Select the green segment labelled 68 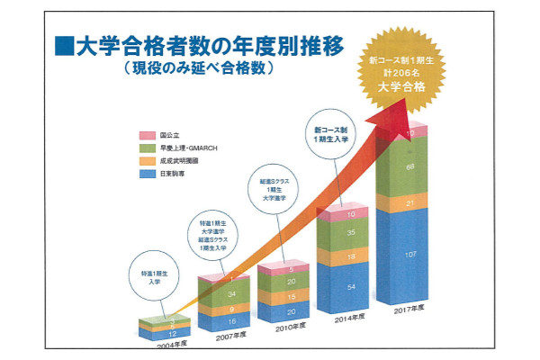point(409,167)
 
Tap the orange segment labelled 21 point(409,204)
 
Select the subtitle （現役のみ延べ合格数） point(199,67)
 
